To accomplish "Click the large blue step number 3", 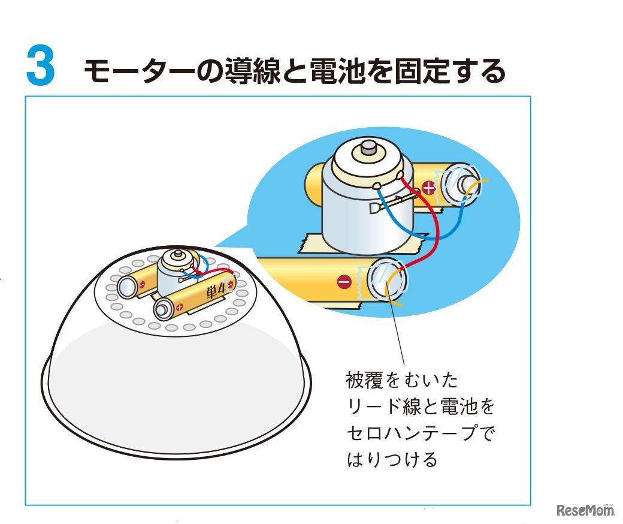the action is [x=41, y=65].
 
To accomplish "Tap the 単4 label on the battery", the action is [x=216, y=291].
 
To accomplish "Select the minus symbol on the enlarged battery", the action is [x=344, y=282].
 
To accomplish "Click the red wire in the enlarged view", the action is [x=436, y=227].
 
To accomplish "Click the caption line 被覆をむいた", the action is [x=402, y=380].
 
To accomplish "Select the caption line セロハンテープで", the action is [x=421, y=432].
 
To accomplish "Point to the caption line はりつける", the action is [x=392, y=459].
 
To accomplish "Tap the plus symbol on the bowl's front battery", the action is [x=179, y=306].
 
